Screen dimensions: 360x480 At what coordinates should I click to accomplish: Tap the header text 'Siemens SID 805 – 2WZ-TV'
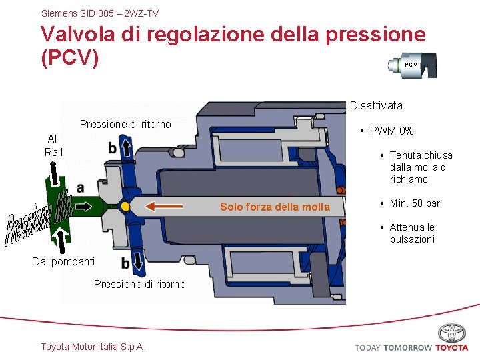point(100,13)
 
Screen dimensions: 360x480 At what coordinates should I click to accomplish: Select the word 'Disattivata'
point(376,105)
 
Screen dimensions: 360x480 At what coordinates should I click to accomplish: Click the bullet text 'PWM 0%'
point(391,131)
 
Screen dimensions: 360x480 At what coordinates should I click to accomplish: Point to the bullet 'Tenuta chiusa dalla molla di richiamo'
point(421,167)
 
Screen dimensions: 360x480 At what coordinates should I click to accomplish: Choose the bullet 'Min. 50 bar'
point(415,203)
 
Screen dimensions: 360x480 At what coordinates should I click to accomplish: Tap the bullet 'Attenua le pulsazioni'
point(412,233)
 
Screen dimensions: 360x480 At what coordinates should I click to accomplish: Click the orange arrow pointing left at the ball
point(164,206)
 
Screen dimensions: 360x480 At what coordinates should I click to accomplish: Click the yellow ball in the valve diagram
point(125,207)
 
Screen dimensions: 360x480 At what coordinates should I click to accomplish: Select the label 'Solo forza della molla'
point(275,207)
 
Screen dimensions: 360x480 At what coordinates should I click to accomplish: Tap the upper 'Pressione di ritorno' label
point(125,124)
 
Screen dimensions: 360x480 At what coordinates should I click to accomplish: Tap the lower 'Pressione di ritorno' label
point(140,284)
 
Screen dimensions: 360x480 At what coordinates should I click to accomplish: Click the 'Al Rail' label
point(53,145)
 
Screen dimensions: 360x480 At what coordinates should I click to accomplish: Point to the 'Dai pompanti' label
point(63,261)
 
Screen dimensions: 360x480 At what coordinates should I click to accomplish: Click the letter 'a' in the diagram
point(81,188)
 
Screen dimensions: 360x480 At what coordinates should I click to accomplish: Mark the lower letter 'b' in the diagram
point(125,264)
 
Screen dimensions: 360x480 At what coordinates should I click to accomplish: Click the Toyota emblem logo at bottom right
point(452,333)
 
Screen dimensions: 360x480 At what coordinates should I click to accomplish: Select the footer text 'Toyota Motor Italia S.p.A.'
point(93,346)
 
